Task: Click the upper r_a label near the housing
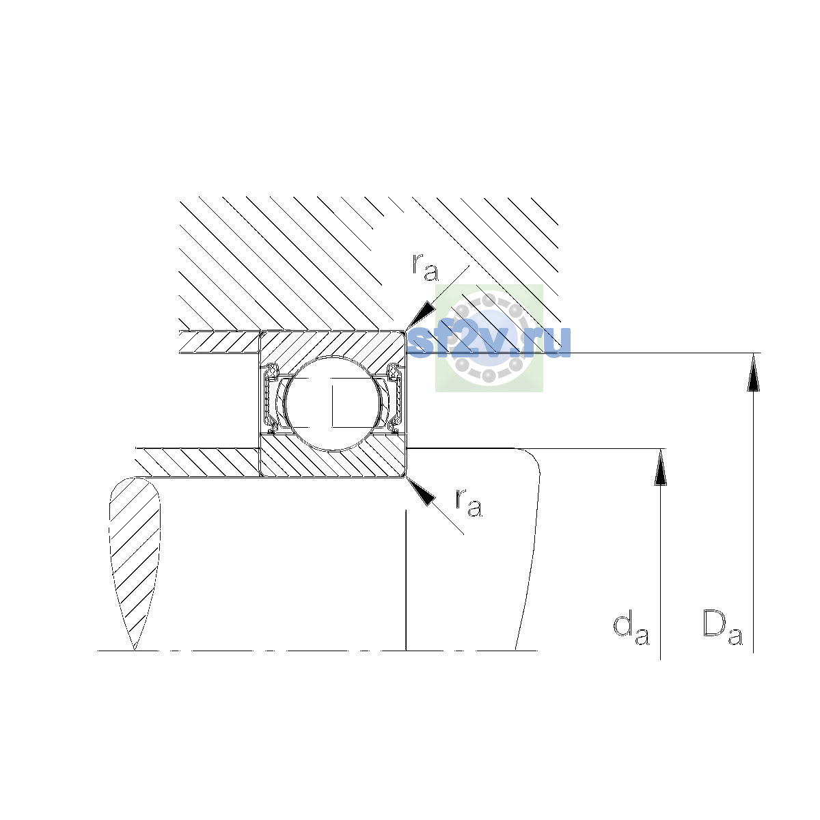425,268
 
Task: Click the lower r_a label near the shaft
469,503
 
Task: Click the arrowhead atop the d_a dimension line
660,467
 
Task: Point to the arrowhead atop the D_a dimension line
753,372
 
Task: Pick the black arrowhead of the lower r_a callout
420,491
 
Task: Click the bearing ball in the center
334,403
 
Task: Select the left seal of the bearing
271,398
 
